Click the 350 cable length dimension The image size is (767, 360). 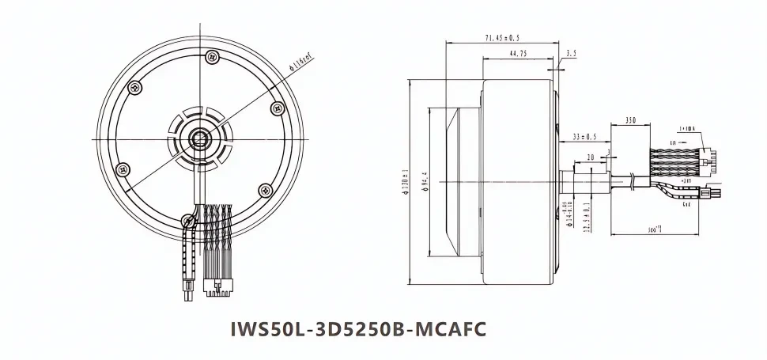point(630,119)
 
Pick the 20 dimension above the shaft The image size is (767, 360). point(591,157)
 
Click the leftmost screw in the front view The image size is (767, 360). point(122,169)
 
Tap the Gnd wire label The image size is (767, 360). point(685,203)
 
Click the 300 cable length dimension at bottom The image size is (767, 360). point(654,229)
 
